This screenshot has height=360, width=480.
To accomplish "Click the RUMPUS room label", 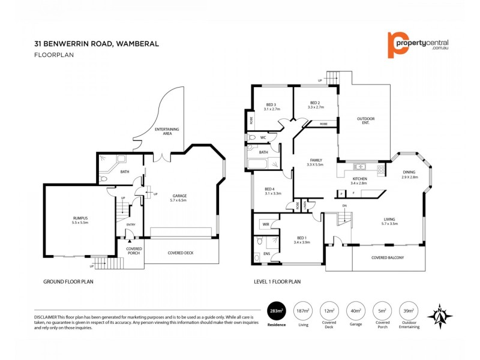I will (x=80, y=220).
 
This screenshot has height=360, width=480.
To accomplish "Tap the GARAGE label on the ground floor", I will (x=179, y=196).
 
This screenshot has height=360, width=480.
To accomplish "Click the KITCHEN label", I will (x=359, y=179).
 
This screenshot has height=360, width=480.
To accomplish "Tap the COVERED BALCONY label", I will (x=388, y=258).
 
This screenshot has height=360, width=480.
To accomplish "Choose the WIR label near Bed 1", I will (x=265, y=224).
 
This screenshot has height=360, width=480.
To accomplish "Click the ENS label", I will (x=266, y=254).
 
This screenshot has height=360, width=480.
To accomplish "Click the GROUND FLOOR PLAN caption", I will (x=68, y=281).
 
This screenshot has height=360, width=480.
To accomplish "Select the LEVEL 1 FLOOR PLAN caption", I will (x=277, y=281).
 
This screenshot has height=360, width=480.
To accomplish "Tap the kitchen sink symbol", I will (x=360, y=167).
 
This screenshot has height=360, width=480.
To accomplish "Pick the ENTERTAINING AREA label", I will (x=163, y=131).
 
